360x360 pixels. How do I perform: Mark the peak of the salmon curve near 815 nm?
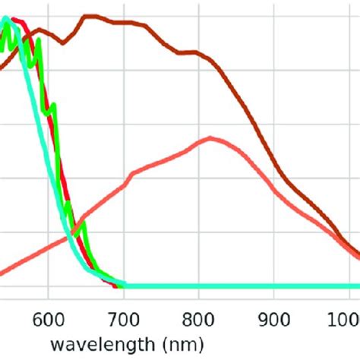210,137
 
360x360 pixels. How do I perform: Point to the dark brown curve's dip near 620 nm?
64,43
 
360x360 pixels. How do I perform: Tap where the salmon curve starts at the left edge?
2,271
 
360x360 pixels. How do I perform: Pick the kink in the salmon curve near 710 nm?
134,173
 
